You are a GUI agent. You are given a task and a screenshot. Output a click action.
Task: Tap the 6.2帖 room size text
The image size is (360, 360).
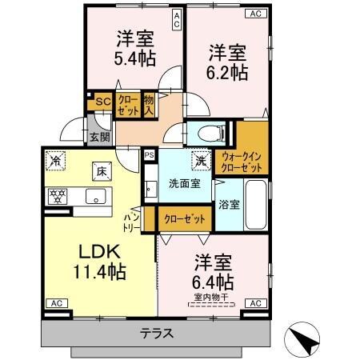click(x=228, y=72)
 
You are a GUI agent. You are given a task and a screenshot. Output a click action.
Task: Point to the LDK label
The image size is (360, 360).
click(x=100, y=250)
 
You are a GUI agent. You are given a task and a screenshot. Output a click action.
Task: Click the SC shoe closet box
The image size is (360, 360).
click(x=102, y=102)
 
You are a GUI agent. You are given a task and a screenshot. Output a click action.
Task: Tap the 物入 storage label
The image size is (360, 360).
click(x=150, y=105)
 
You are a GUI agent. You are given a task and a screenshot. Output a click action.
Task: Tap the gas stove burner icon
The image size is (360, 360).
click(x=57, y=194)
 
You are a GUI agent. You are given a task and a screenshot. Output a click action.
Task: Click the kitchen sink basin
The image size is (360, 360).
click(x=99, y=195)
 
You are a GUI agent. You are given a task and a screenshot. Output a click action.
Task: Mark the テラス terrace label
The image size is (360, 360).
click(x=157, y=334)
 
